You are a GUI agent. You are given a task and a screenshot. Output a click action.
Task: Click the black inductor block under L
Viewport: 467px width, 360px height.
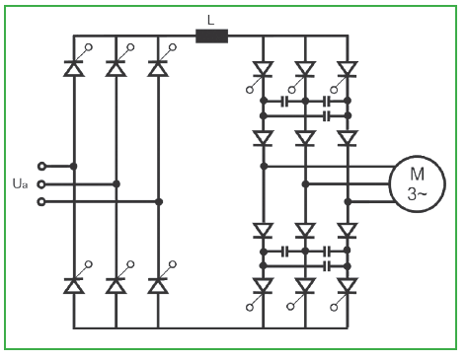point(211,36)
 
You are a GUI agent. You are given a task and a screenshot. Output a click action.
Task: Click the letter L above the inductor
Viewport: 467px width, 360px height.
point(211,21)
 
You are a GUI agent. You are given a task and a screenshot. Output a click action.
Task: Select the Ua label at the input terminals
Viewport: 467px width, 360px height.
point(20,183)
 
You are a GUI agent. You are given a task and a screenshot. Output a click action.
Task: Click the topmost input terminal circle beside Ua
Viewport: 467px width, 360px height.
point(41,167)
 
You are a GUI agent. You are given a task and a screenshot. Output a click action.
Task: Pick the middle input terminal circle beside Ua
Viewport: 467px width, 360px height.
point(41,184)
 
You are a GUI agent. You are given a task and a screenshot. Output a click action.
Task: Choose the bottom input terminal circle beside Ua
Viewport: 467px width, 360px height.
point(41,202)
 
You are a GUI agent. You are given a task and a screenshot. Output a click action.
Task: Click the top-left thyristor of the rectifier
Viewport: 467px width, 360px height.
point(74,68)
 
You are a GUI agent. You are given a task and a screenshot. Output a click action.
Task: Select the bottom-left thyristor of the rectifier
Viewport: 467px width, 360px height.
point(74,285)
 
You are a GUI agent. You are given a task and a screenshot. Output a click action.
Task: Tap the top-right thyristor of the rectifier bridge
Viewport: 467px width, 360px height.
point(158,68)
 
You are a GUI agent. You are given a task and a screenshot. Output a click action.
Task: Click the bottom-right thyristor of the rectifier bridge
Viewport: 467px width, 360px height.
point(158,285)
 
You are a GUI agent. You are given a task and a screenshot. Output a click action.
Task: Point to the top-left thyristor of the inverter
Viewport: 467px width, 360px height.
point(263,70)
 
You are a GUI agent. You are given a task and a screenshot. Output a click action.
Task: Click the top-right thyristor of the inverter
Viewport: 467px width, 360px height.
point(348,70)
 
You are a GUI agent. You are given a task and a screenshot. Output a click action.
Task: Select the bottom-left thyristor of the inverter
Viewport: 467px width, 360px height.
point(263,286)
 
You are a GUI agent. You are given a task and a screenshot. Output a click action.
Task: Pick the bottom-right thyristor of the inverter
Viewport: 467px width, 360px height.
point(348,286)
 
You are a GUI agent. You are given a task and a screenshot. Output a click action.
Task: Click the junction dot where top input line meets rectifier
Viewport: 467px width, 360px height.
point(74,167)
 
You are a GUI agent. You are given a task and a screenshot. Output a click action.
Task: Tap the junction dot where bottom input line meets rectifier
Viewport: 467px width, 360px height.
point(159,202)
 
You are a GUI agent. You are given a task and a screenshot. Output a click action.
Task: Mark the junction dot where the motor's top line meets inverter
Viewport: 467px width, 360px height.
point(264,167)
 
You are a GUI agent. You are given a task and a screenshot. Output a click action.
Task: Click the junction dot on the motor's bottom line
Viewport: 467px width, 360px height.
point(348,202)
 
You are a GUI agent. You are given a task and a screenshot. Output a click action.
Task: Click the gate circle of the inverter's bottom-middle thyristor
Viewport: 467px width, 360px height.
point(290,307)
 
